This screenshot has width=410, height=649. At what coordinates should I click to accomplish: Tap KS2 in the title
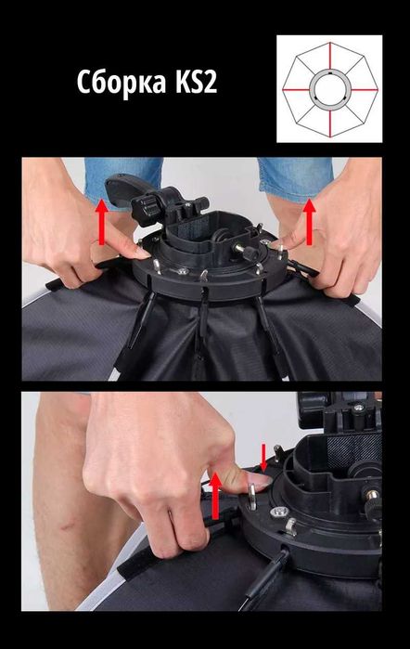[x=196, y=81]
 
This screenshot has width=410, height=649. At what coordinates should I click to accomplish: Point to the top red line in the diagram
[x=330, y=55]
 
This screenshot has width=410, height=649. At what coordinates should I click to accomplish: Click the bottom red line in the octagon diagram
[x=330, y=123]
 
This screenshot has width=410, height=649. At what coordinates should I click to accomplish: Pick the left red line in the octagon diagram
[x=296, y=89]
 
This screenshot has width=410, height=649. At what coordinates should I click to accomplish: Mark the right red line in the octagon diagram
[x=365, y=89]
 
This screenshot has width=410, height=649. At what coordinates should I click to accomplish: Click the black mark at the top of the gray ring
[x=330, y=72]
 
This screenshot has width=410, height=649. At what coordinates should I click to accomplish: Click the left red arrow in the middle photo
[x=101, y=221]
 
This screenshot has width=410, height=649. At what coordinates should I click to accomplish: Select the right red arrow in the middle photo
[x=309, y=221]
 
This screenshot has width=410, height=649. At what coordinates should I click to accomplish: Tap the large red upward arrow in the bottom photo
[x=215, y=496]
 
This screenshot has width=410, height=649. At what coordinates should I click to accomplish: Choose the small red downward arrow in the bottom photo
[x=263, y=458]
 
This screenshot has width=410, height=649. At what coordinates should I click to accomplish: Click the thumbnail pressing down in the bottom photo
[x=260, y=480]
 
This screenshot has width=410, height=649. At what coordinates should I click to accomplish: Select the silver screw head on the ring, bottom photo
[x=277, y=512]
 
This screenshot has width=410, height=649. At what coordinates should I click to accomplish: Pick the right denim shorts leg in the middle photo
[x=295, y=179]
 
